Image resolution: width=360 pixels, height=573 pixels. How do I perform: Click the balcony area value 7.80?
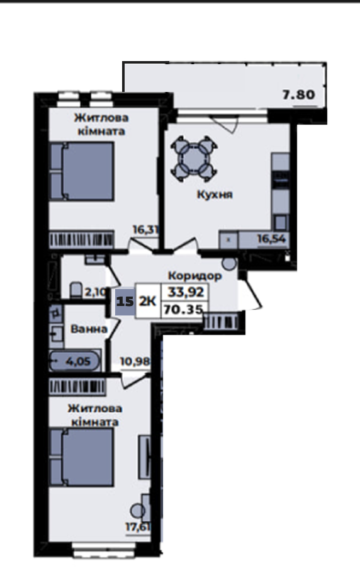(x=298, y=94)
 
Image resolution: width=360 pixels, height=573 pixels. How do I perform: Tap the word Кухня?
(x=215, y=195)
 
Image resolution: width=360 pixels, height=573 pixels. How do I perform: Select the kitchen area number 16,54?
(x=271, y=239)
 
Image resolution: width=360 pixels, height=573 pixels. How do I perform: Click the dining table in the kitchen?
(x=194, y=159)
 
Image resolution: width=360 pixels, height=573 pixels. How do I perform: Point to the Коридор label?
(x=194, y=276)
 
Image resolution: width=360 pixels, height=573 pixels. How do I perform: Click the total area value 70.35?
(x=183, y=310)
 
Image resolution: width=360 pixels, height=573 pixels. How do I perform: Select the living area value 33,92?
(x=186, y=292)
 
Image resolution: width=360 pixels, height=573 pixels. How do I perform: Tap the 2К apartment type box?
(x=148, y=302)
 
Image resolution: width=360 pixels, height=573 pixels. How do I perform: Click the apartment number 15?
(x=125, y=302)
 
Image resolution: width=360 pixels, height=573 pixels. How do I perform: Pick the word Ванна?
(x=89, y=329)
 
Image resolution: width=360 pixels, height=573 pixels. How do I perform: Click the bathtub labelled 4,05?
(x=75, y=361)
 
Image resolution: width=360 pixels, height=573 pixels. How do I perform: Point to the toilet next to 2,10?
(x=76, y=290)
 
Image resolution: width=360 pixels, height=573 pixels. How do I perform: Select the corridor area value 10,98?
(x=135, y=361)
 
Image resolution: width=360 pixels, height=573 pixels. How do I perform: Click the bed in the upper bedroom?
(x=81, y=171)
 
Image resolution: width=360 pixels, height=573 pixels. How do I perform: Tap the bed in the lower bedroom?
(x=81, y=457)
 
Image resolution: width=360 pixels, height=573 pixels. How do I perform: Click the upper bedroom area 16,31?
(x=145, y=230)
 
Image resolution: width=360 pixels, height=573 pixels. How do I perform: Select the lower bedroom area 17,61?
(x=138, y=527)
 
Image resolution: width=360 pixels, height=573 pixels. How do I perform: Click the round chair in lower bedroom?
(x=138, y=511)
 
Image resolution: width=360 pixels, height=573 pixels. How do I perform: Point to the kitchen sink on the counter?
(x=281, y=222)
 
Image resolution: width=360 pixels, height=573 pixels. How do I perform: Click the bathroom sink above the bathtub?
(x=56, y=332)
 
